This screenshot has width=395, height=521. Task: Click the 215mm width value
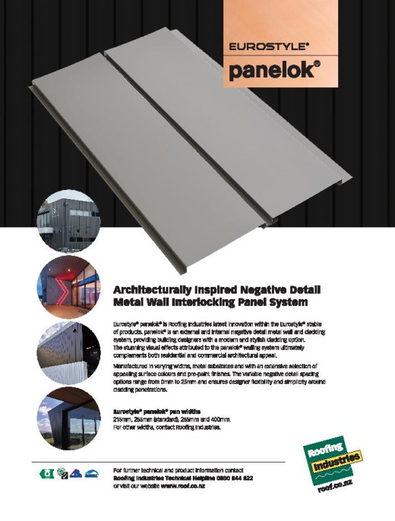(122, 419)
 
